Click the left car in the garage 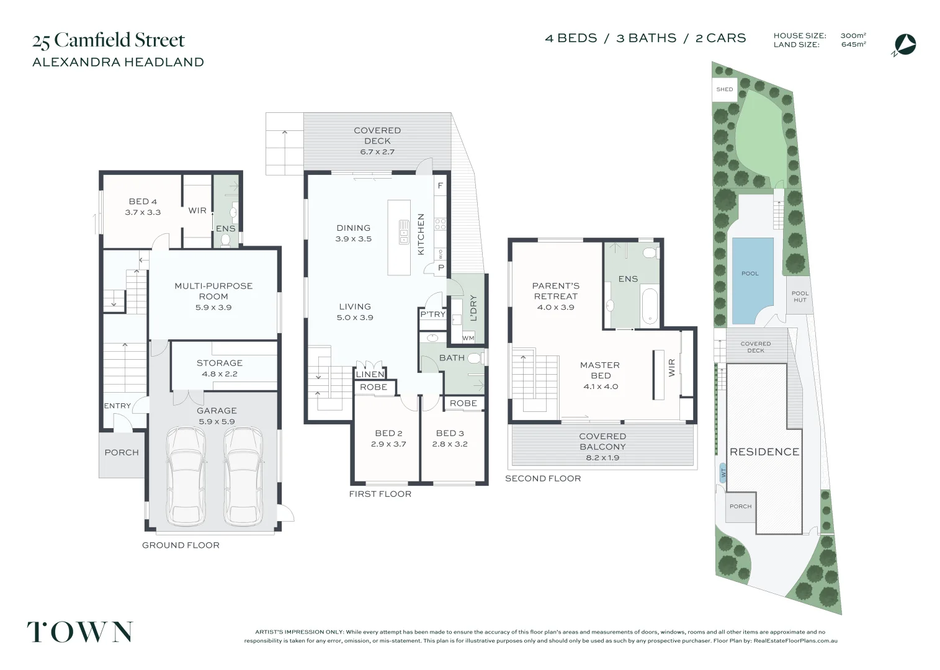[186, 475]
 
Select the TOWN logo [79, 632]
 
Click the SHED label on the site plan [724, 89]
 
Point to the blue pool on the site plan [752, 279]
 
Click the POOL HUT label [800, 297]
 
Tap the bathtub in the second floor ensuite [650, 306]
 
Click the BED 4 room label [143, 202]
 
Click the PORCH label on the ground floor [122, 452]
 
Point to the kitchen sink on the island [404, 231]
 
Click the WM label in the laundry [468, 338]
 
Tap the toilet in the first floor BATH [475, 358]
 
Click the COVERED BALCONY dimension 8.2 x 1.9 [602, 458]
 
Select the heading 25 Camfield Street [109, 40]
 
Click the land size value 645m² [853, 45]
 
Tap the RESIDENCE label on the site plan [764, 452]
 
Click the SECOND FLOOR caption [543, 478]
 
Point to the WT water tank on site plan [723, 473]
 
